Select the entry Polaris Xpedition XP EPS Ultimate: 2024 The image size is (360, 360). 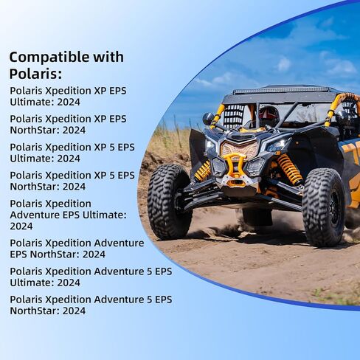click(x=68, y=96)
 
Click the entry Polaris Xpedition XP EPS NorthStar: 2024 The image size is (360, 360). click(x=68, y=124)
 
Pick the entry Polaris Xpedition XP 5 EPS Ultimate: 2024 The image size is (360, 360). click(x=72, y=152)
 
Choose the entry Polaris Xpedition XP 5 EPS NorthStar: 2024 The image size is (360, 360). click(x=72, y=181)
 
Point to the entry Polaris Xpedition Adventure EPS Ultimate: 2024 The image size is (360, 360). click(x=68, y=214)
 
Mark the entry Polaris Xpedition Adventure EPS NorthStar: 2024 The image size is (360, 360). click(x=77, y=248)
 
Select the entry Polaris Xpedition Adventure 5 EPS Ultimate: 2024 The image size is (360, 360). click(x=90, y=277)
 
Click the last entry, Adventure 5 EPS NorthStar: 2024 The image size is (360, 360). click(x=90, y=305)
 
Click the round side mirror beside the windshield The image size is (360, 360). click(x=209, y=118)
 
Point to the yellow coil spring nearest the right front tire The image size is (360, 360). click(x=290, y=170)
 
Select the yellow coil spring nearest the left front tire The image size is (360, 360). click(x=203, y=171)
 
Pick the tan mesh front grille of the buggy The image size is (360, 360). click(x=239, y=150)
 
